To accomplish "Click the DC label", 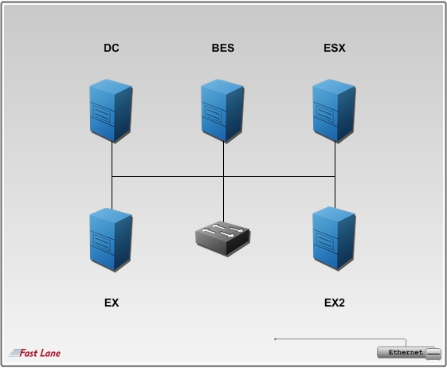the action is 112,48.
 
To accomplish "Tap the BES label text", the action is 223,48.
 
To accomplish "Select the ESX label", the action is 335,48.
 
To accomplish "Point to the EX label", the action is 112,303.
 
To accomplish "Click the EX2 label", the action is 335,303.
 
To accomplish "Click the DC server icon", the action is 111,111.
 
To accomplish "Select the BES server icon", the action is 222,111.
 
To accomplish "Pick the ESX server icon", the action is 334,111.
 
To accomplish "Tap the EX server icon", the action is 111,240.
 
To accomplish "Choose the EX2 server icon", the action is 334,239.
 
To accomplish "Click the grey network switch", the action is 223,239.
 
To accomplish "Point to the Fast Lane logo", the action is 34,353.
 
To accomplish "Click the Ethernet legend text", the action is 406,352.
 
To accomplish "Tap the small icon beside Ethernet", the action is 433,354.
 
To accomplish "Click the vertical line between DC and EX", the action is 112,175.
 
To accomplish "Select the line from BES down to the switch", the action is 223,182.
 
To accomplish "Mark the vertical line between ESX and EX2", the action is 335,174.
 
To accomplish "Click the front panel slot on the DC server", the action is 102,113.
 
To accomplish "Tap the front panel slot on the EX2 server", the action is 325,241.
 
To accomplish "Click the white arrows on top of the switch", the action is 222,231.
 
